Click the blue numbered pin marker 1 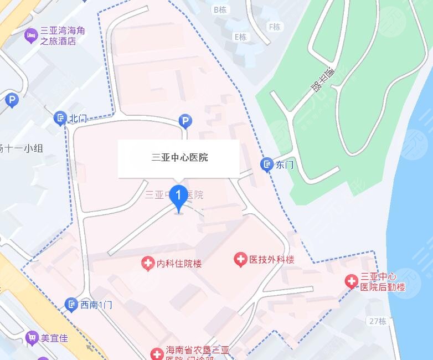point(178,198)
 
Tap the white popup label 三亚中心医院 point(179,158)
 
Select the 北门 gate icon point(60,118)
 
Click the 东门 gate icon point(267,164)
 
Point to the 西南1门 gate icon point(71,304)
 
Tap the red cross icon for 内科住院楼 point(148,263)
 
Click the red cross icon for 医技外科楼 point(240,259)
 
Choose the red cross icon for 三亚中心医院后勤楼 point(352,281)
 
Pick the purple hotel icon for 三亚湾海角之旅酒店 point(31,37)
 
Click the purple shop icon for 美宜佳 point(32,337)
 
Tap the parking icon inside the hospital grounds point(185,121)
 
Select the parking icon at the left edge point(11,100)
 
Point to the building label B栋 point(220,9)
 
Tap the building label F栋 point(274,27)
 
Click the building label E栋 point(240,37)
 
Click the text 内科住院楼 point(179,264)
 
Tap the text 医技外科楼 point(271,259)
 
